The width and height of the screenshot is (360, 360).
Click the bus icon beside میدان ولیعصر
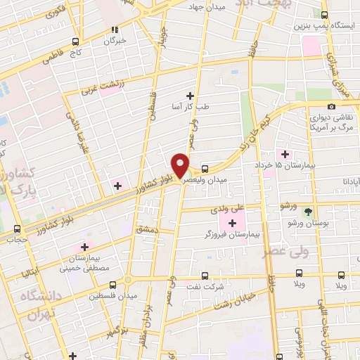[205, 169]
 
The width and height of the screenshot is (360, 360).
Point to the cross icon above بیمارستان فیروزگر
[233, 223]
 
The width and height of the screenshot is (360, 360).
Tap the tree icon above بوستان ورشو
[307, 211]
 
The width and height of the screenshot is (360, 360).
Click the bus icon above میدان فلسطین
[115, 285]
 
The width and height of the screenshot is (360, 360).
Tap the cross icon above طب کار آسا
[190, 96]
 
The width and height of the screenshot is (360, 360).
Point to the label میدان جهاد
[205, 6]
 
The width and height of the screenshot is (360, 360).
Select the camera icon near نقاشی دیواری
[331, 106]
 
